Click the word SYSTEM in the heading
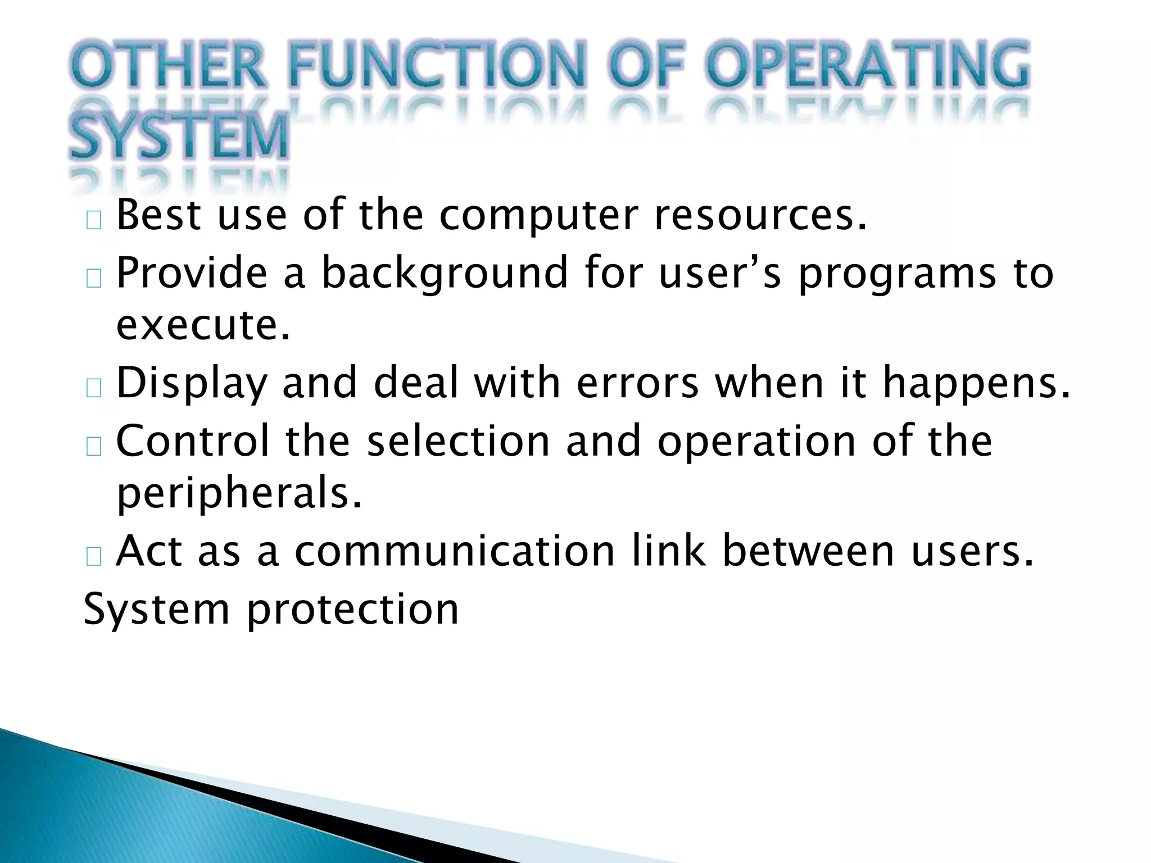point(179,137)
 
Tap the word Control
point(192,441)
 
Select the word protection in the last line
point(352,610)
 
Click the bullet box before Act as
point(94,556)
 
